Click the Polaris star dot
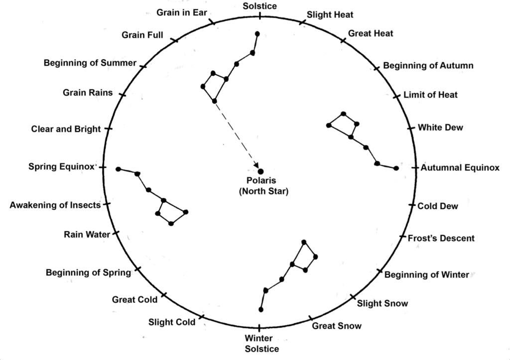[260, 172]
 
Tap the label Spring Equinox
[61, 167]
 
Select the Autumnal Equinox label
[460, 168]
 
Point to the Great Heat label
[371, 33]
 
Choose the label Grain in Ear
[182, 11]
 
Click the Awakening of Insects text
[55, 205]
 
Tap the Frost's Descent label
[441, 238]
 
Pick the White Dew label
[440, 127]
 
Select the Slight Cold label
[172, 322]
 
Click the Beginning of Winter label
[427, 274]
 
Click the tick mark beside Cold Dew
[412, 205]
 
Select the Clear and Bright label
[66, 129]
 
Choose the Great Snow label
[337, 326]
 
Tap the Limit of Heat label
[430, 95]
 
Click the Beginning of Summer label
[90, 63]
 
